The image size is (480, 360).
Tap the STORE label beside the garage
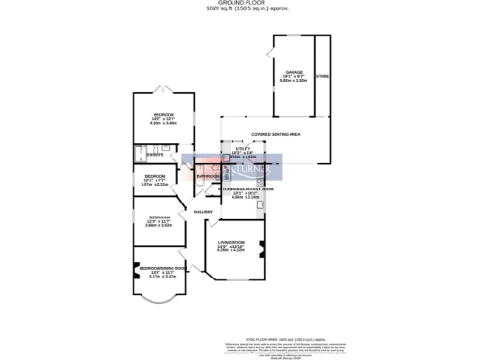point(322,76)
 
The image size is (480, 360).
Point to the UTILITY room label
point(244,147)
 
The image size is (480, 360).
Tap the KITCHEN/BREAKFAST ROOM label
point(246,189)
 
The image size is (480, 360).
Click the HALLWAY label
point(203,212)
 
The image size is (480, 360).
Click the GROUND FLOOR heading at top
point(239,4)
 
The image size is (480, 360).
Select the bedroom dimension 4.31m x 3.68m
point(165,123)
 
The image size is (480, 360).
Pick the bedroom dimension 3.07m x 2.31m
point(155,185)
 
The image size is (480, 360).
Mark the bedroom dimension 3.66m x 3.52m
point(157,225)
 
